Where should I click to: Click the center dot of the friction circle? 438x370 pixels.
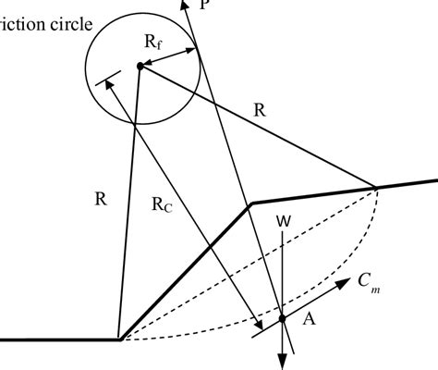140,66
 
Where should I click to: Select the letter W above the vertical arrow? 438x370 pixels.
286,222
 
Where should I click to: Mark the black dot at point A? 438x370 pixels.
283,320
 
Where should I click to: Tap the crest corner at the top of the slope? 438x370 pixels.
251,203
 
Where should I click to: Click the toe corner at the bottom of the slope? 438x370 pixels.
120,339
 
